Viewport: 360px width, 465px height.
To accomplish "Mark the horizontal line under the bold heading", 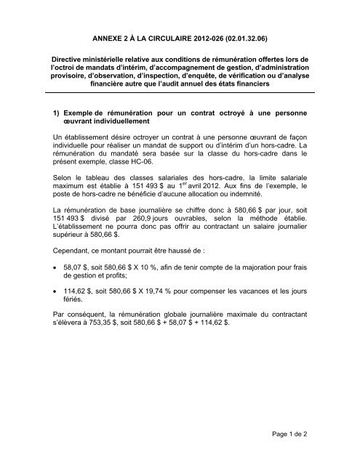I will point(180,94).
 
